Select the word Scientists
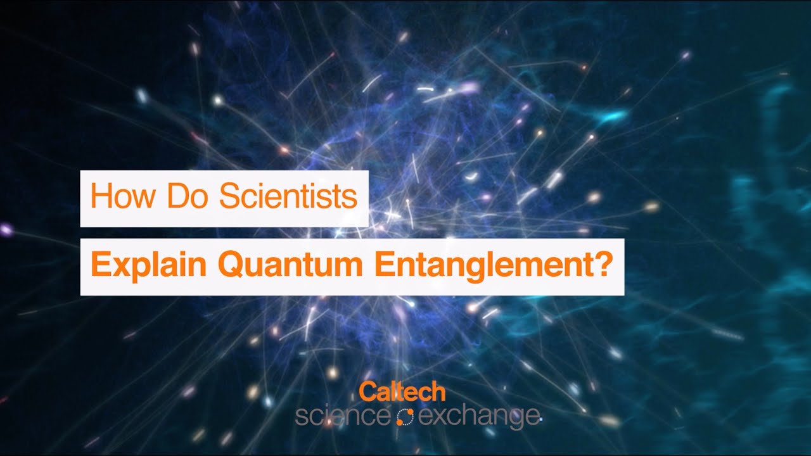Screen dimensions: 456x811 click(x=288, y=198)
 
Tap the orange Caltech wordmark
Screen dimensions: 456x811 click(x=402, y=392)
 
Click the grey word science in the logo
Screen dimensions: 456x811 click(x=342, y=416)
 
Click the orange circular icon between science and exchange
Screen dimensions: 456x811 click(x=404, y=416)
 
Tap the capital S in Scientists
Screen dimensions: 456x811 click(x=229, y=198)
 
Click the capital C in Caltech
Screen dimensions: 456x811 click(x=367, y=392)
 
